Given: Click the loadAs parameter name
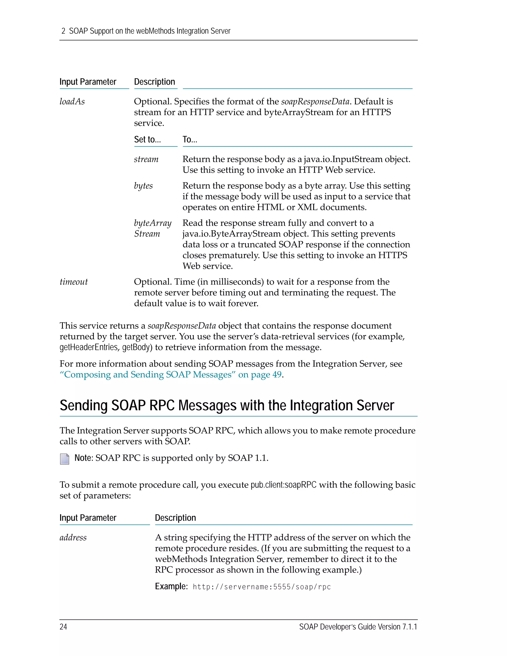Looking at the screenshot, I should pyautogui.click(x=72, y=101).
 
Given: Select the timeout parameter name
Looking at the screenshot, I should pyautogui.click(x=74, y=282).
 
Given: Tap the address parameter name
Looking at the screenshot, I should pyautogui.click(x=73, y=537).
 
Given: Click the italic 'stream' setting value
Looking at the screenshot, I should pyautogui.click(x=146, y=159).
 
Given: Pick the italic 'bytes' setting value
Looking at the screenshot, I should pyautogui.click(x=143, y=186).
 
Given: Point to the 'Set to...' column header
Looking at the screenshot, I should pyautogui.click(x=147, y=139).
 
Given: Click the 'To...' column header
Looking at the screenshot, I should pyautogui.click(x=190, y=139).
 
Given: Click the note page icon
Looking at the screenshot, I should pyautogui.click(x=65, y=459).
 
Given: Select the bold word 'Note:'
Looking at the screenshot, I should pyautogui.click(x=84, y=458).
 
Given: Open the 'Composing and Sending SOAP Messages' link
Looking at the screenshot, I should pyautogui.click(x=171, y=375).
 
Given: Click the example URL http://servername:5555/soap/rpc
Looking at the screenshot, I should pyautogui.click(x=262, y=587).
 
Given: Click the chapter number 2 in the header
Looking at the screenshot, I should pyautogui.click(x=63, y=31).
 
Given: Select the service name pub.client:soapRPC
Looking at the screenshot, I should pyautogui.click(x=283, y=485).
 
